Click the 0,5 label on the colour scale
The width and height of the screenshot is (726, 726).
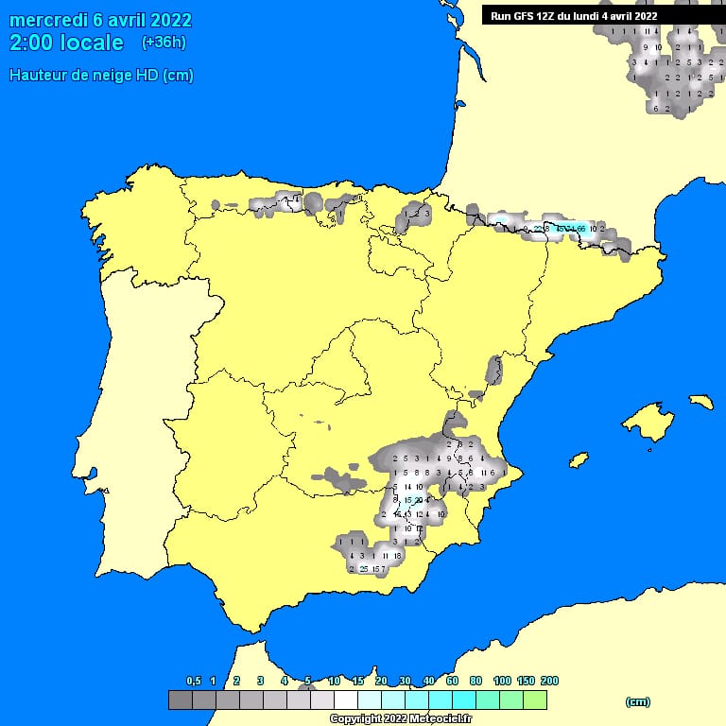pos(193,681)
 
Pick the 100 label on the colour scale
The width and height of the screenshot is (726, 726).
pos(501,681)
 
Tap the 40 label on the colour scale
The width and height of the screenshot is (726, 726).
pos(428,681)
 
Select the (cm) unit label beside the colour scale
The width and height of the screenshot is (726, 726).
pos(638,700)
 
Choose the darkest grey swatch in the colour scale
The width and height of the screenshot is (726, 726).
pos(180,700)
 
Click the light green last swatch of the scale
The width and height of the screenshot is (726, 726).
pos(534,700)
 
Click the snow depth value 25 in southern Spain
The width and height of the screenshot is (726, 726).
pos(364,569)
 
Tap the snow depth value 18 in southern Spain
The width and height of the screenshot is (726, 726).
pos(398,557)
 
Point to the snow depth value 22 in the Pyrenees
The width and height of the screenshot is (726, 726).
pos(538,229)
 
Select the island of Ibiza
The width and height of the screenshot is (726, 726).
pos(578,459)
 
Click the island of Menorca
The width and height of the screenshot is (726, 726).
pos(700,401)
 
